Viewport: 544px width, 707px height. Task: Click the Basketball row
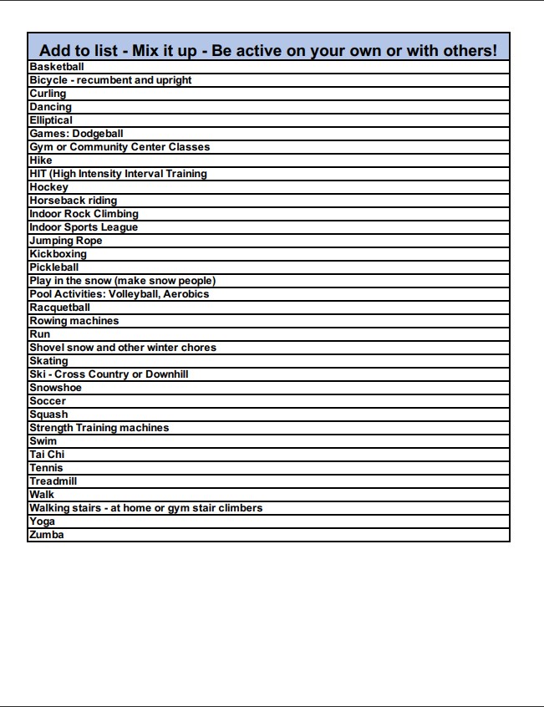57,67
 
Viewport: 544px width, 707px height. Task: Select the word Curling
48,94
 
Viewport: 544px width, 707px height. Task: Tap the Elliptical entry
51,120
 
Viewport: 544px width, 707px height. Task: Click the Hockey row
49,187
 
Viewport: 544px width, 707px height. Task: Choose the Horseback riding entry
74,201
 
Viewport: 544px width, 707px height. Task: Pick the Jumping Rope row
66,241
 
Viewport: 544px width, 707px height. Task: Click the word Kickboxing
58,254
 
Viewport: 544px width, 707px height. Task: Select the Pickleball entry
54,267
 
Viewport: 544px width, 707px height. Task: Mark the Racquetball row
60,308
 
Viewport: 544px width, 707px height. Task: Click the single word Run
40,334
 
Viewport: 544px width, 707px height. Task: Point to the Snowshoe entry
56,388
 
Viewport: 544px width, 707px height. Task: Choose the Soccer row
48,401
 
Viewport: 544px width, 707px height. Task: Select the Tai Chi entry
47,455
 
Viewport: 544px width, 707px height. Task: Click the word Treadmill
53,481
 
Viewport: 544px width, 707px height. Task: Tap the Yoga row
43,521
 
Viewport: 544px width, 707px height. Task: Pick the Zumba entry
47,535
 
